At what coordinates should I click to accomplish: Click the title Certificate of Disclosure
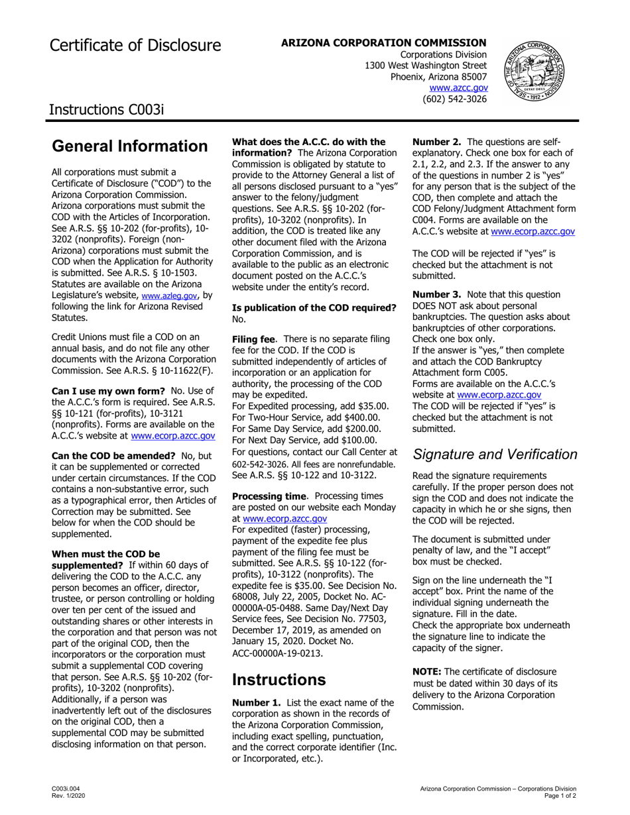pos(135,45)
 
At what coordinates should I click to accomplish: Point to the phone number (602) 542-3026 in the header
pos(454,99)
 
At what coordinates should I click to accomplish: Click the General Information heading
pos(129,146)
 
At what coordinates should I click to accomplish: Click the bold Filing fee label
pos(253,339)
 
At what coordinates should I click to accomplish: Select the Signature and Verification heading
pos(494,455)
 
